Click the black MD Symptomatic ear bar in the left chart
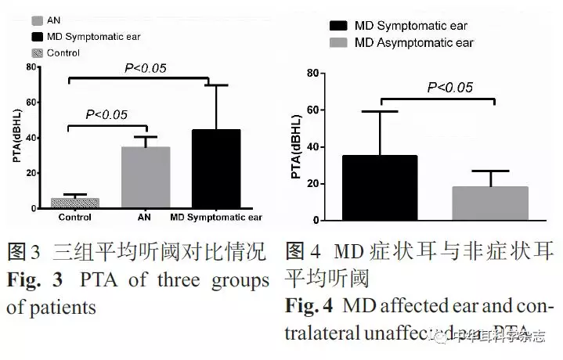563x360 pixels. (205, 169)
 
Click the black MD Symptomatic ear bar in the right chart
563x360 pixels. (381, 188)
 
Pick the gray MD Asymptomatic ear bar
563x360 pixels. (490, 203)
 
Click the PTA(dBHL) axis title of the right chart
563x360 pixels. (296, 147)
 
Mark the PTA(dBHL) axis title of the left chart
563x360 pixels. (16, 139)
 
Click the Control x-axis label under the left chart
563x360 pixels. (74, 218)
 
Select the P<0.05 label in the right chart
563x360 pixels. (449, 87)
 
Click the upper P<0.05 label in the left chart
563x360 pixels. (146, 69)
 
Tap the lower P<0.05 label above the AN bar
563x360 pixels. (106, 115)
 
